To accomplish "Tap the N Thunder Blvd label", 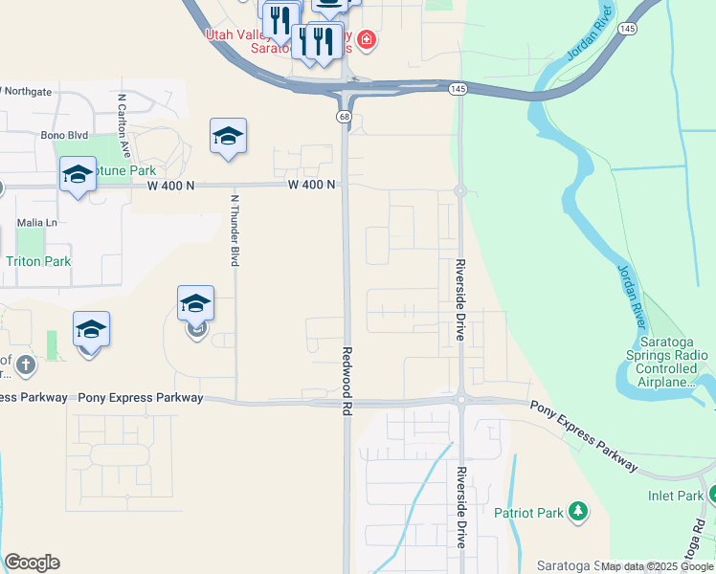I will tap(235, 230).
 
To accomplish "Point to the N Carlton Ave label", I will tap(123, 118).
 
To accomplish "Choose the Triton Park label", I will tap(38, 261).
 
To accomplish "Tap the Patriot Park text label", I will tap(528, 513).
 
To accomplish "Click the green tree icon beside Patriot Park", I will tap(577, 512).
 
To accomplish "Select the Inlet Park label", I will tap(675, 496).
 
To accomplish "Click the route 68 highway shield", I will tap(343, 117).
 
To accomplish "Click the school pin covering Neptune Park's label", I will tap(78, 175).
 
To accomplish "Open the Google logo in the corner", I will tap(32, 563).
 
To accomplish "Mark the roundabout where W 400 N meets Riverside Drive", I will tap(459, 191).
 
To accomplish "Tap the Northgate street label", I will tap(29, 92).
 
